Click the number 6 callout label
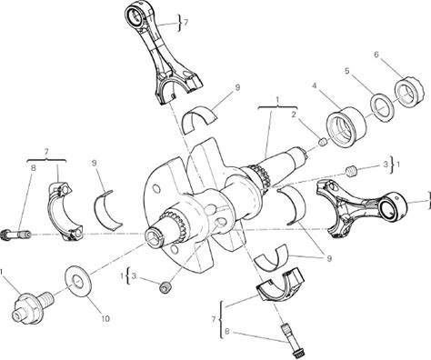click(x=376, y=55)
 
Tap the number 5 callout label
click(x=347, y=71)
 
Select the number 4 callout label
click(x=315, y=86)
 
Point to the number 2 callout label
click(x=294, y=115)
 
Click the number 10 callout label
click(x=105, y=319)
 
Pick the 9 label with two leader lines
click(x=328, y=258)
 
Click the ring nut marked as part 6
click(x=408, y=93)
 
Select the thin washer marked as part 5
click(x=382, y=108)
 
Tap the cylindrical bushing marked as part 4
click(x=346, y=127)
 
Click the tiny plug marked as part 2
click(x=323, y=142)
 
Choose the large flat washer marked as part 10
click(x=77, y=281)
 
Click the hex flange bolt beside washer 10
click(x=33, y=306)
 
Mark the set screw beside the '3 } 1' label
click(x=352, y=171)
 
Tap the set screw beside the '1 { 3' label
click(x=165, y=287)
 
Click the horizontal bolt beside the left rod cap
click(x=15, y=235)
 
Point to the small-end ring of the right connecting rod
click(x=392, y=207)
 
